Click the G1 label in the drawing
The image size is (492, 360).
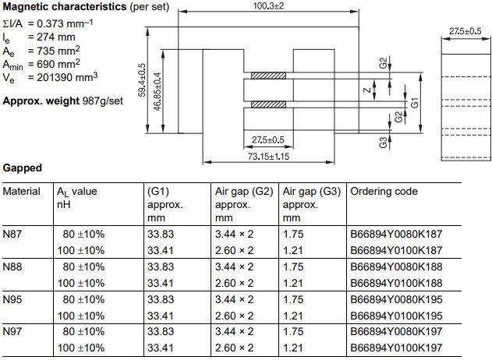[416, 101]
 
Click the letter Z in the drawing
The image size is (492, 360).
[367, 91]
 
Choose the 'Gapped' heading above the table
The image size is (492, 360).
[22, 168]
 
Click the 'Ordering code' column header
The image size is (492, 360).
[384, 191]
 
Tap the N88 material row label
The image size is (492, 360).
[13, 266]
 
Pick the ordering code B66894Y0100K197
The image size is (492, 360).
[397, 348]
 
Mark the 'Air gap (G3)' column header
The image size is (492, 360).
[312, 191]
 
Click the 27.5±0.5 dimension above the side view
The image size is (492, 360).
[465, 30]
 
